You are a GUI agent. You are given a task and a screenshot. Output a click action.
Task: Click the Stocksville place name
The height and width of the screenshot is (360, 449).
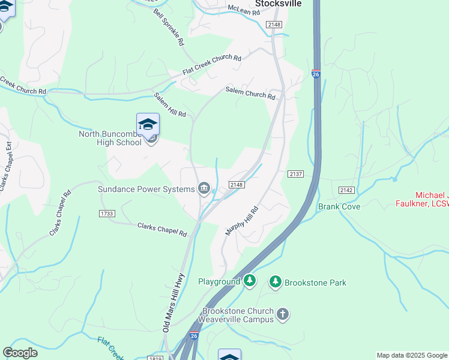click(278, 3)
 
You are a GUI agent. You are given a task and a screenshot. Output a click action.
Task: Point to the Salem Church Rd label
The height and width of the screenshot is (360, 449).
click(250, 93)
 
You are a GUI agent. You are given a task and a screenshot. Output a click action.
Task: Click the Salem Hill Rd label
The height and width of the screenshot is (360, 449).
click(170, 105)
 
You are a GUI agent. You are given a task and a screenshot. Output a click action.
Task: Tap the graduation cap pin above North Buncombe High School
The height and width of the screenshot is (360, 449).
click(148, 125)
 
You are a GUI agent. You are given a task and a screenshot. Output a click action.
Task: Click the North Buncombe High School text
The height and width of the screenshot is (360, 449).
click(110, 138)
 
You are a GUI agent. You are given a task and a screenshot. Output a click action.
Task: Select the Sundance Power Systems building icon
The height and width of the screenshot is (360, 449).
click(204, 190)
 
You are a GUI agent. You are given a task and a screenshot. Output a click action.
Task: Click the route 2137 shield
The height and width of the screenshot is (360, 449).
click(296, 174)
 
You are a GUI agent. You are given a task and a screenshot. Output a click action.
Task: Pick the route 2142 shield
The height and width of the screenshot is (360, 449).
click(346, 190)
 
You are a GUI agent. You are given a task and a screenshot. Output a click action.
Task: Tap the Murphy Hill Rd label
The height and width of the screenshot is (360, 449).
click(242, 221)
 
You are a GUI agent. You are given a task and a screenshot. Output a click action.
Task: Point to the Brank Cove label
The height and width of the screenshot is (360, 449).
click(339, 206)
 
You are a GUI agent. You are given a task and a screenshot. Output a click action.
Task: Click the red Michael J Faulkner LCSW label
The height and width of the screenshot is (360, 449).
click(432, 200)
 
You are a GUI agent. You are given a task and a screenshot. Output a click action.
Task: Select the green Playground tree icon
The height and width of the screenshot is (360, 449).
click(250, 281)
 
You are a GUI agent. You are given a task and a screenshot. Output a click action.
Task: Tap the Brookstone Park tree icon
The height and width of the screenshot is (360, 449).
click(276, 282)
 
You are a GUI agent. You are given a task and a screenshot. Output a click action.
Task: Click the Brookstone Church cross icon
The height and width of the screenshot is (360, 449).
click(283, 314)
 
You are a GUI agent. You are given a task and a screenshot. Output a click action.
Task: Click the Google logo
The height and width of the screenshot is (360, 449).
click(20, 353)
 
